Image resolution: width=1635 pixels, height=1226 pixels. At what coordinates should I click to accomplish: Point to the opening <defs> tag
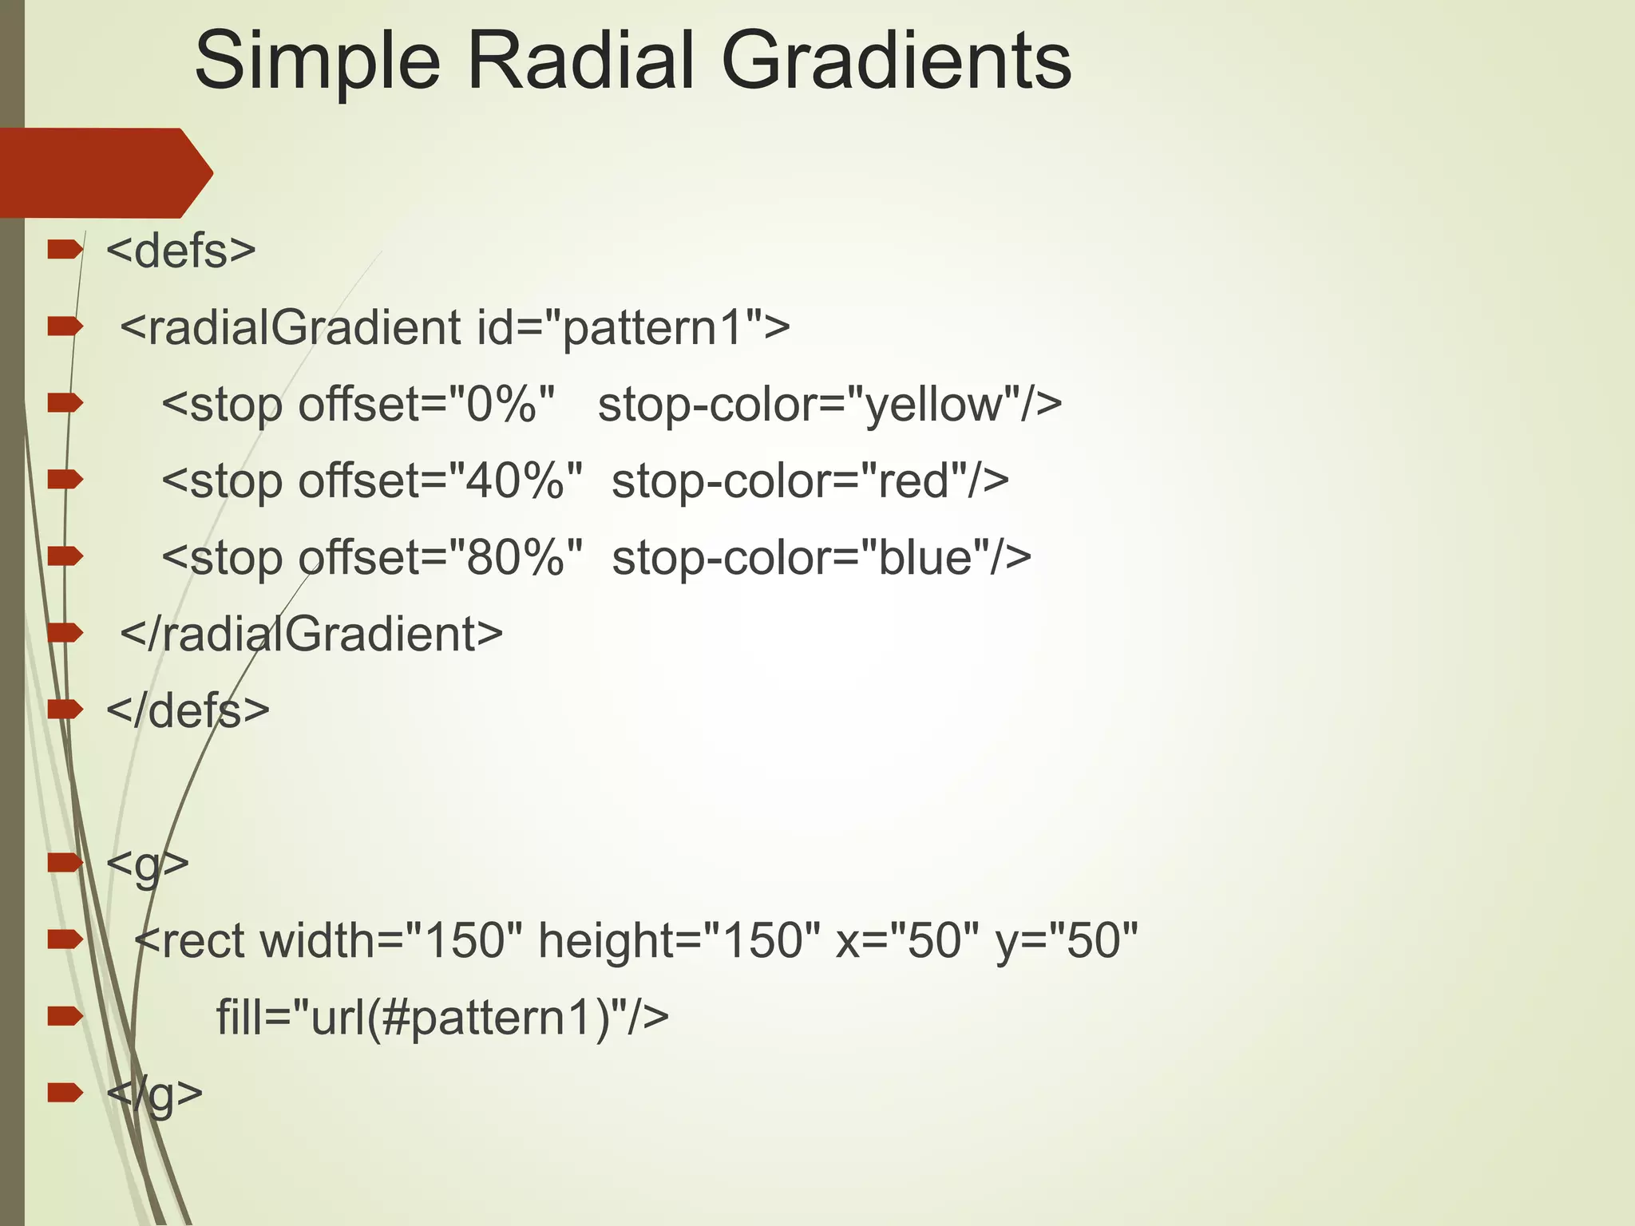tap(181, 251)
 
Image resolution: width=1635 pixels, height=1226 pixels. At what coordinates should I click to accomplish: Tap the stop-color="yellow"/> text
tap(830, 404)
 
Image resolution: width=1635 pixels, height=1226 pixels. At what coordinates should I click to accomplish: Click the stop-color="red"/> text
tap(810, 481)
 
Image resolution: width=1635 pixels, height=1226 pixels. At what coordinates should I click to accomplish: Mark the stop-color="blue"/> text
tap(821, 557)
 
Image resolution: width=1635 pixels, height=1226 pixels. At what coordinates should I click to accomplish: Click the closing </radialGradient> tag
tap(311, 634)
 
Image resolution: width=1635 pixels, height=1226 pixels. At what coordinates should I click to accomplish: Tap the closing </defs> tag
tap(188, 710)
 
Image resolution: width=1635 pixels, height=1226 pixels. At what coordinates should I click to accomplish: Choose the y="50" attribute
tap(1067, 940)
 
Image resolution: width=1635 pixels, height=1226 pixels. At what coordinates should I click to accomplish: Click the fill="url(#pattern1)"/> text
tap(442, 1017)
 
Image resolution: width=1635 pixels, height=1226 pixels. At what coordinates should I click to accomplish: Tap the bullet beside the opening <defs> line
tap(65, 251)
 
